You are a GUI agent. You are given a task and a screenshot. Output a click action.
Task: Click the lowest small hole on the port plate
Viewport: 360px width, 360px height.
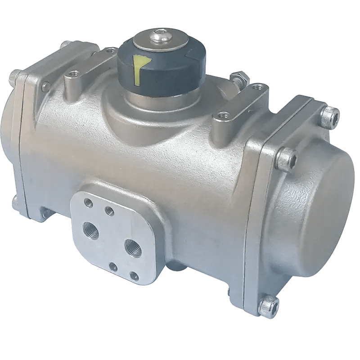click(133, 274)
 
